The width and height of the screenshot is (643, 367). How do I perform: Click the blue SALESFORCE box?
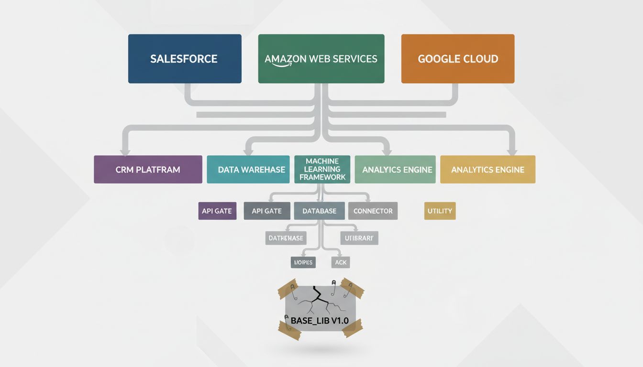[184, 59]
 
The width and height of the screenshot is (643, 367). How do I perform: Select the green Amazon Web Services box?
[321, 59]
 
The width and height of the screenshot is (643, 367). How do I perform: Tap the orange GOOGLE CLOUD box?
[458, 59]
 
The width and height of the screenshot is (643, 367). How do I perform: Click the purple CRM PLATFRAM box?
[148, 170]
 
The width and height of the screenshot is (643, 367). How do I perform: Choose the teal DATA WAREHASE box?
[248, 170]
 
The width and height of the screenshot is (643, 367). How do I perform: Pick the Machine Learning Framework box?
[322, 169]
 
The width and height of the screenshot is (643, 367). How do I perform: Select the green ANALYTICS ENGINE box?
[395, 170]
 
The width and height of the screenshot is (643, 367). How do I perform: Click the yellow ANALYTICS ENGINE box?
[488, 170]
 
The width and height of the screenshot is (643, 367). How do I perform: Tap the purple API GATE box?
[217, 211]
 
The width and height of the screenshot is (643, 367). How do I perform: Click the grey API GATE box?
[267, 211]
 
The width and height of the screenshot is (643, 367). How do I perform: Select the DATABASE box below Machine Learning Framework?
[319, 211]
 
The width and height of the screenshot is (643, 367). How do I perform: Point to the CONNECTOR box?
[373, 211]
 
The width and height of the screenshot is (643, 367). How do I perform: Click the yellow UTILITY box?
[440, 211]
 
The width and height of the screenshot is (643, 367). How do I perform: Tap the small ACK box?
[341, 262]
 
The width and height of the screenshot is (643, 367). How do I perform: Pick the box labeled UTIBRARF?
[359, 238]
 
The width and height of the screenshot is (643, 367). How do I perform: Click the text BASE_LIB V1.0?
[320, 320]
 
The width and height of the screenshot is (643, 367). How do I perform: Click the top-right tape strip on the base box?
[353, 288]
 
